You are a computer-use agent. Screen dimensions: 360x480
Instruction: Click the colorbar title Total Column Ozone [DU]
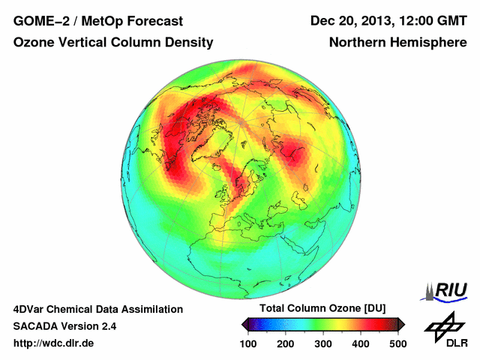(322, 309)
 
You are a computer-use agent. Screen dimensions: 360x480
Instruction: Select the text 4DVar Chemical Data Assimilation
(98, 309)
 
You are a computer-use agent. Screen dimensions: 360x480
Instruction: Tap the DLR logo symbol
(443, 326)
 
